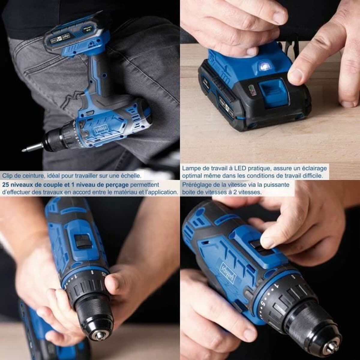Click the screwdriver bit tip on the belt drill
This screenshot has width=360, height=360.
pyautogui.click(x=24, y=150)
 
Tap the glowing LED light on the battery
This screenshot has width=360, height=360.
pyautogui.click(x=264, y=65)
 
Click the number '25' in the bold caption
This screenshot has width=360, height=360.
pyautogui.click(x=6, y=184)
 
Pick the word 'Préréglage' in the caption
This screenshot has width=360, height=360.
pyautogui.click(x=195, y=184)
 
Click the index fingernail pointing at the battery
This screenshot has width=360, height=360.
pyautogui.click(x=295, y=75)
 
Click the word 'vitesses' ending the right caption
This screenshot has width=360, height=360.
pyautogui.click(x=251, y=192)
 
